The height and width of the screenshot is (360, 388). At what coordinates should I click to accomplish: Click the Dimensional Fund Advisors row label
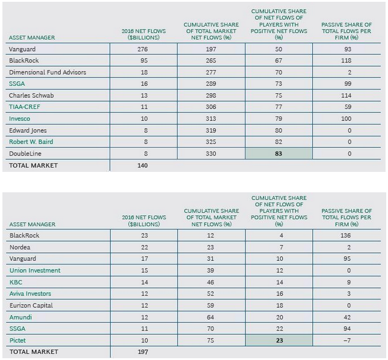[48, 72]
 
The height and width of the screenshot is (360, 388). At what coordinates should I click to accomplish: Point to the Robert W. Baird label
[31, 142]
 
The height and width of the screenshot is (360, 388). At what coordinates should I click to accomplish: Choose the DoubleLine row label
[25, 154]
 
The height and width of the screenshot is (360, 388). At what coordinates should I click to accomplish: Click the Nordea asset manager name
[19, 247]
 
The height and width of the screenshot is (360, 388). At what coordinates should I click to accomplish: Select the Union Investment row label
[35, 270]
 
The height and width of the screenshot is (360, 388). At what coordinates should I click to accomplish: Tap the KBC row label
[16, 282]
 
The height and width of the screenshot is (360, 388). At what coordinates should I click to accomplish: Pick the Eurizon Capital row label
[31, 305]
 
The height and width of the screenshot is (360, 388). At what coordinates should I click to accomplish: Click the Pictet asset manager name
[18, 340]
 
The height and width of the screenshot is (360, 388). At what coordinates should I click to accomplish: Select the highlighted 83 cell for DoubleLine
[279, 154]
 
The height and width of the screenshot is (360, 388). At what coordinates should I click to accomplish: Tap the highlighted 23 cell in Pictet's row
[279, 340]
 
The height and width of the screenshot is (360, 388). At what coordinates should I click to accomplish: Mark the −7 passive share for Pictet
[348, 340]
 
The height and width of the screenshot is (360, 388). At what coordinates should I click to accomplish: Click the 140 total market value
[143, 165]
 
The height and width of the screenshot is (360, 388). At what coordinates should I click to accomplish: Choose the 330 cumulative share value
[211, 154]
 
